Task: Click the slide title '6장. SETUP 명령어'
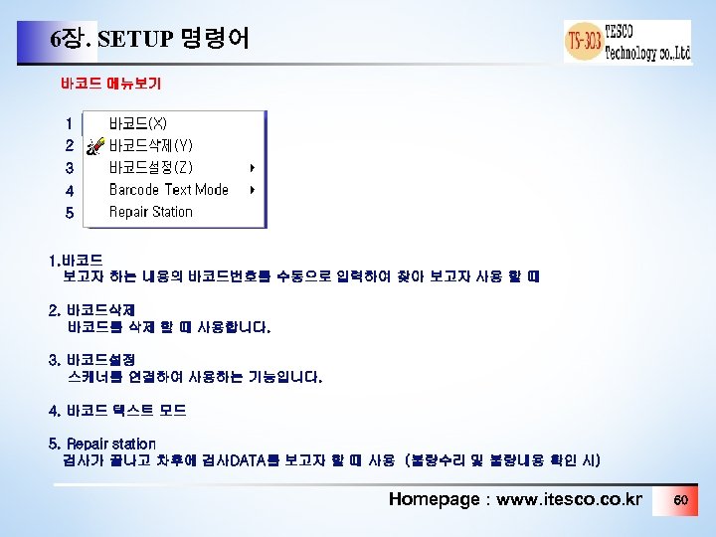click(x=149, y=40)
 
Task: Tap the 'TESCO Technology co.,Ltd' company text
click(x=647, y=42)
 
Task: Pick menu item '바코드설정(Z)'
click(x=151, y=167)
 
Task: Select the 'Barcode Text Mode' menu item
click(x=168, y=189)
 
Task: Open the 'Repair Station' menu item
click(x=150, y=211)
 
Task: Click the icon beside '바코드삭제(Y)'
click(x=94, y=147)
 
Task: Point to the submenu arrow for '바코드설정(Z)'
click(x=253, y=167)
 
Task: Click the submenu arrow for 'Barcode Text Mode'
click(x=253, y=189)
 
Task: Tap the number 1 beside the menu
click(x=69, y=124)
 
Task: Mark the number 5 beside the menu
click(x=69, y=212)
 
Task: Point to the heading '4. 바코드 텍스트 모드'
click(x=117, y=410)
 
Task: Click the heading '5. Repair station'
click(x=102, y=443)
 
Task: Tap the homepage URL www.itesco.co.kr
click(x=569, y=498)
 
